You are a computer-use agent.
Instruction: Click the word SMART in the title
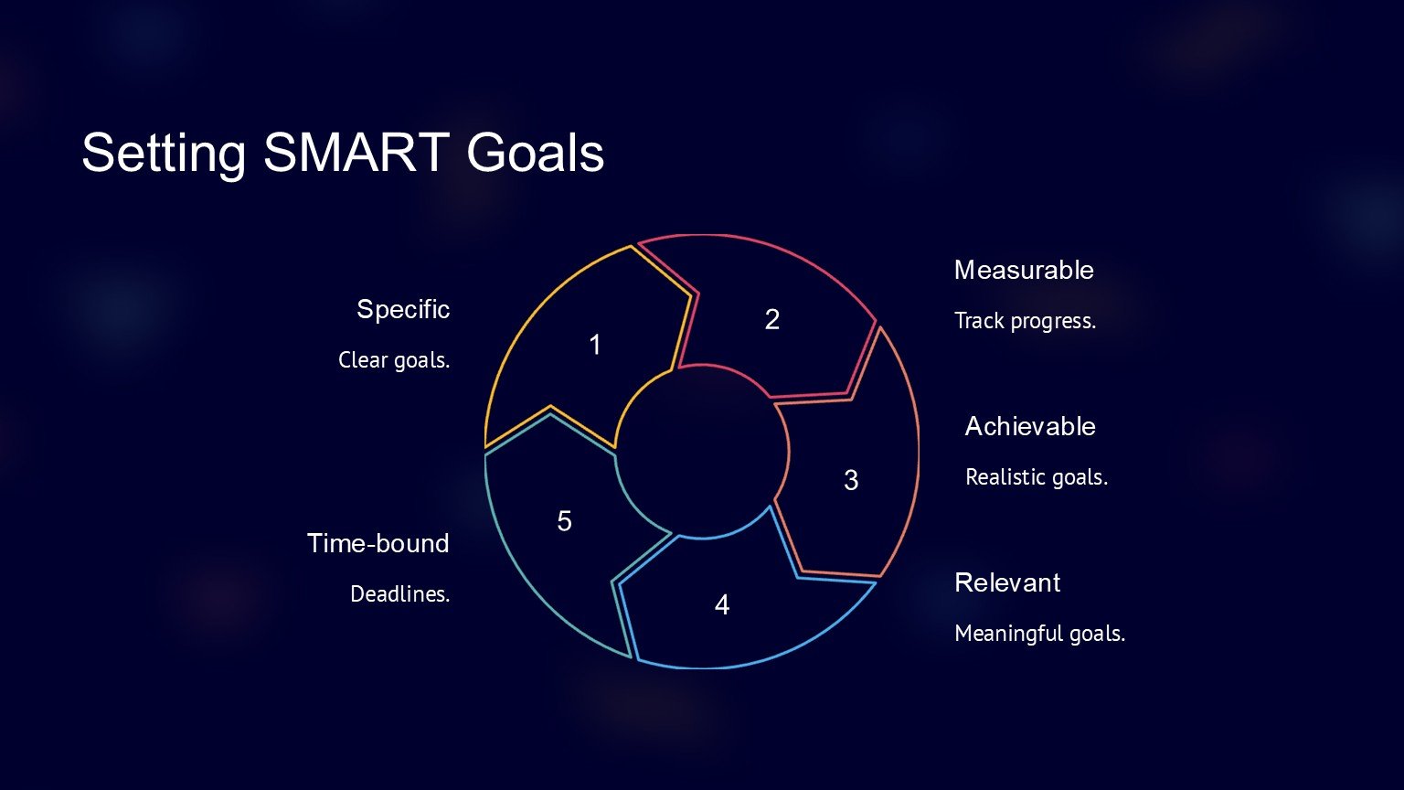(x=356, y=153)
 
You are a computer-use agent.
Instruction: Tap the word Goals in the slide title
(x=536, y=153)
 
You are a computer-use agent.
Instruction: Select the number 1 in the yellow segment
(x=595, y=345)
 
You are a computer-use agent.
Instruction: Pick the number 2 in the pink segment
(x=772, y=320)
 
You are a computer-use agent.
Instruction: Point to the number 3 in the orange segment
(x=851, y=480)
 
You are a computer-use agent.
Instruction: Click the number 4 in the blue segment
(x=722, y=605)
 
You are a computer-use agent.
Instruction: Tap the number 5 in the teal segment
(x=564, y=521)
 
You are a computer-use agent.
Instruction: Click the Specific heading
(x=403, y=310)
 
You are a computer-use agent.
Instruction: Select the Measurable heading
(x=1024, y=271)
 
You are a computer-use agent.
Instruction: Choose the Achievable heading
(x=1030, y=426)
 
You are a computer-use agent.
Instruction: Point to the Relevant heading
(x=1007, y=582)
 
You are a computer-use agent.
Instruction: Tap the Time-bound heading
(x=378, y=543)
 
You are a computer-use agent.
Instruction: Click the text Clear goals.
(x=394, y=360)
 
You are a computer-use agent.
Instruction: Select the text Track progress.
(x=1026, y=321)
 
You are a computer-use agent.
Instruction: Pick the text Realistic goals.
(x=1037, y=477)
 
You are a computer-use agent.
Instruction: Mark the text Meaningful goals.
(x=1040, y=634)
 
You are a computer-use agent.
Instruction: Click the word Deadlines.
(x=399, y=593)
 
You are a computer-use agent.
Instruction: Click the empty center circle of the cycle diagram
(x=703, y=452)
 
